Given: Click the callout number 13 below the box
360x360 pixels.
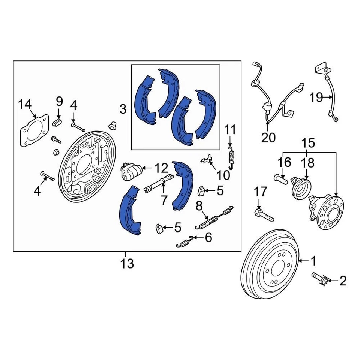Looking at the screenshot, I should pyautogui.click(x=127, y=263).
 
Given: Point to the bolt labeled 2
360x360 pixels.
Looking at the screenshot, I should pyautogui.click(x=320, y=279).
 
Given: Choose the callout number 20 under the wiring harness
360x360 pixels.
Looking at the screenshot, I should pyautogui.click(x=268, y=138).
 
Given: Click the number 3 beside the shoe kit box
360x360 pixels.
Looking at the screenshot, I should pyautogui.click(x=123, y=109).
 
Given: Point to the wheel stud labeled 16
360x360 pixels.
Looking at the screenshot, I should pyautogui.click(x=281, y=180).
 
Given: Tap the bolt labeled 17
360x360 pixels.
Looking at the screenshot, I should pyautogui.click(x=264, y=216).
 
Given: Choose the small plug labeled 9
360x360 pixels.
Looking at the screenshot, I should pyautogui.click(x=58, y=122).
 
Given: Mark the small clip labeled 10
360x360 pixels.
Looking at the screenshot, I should pyautogui.click(x=208, y=160).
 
